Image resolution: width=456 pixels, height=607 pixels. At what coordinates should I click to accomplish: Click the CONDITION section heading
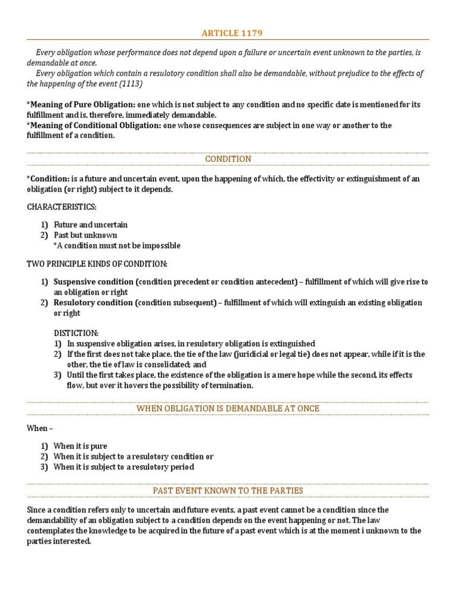(228, 159)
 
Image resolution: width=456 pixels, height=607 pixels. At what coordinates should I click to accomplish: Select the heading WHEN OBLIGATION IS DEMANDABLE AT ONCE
(228, 408)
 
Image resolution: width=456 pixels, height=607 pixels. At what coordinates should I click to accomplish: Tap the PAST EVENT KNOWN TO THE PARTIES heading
(228, 490)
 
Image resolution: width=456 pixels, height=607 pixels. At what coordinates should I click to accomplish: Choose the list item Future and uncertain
(90, 225)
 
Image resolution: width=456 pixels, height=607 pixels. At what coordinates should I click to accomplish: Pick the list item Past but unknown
(85, 235)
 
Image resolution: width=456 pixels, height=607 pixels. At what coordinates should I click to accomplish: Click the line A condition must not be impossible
(118, 245)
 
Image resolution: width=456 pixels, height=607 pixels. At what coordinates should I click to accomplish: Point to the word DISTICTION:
(76, 333)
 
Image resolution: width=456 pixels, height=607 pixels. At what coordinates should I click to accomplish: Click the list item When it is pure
(80, 446)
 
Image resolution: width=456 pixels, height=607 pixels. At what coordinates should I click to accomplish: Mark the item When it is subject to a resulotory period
(123, 467)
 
